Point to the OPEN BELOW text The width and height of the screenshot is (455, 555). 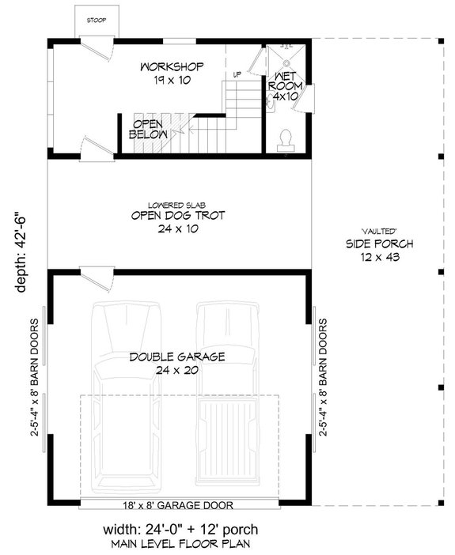coord(150,130)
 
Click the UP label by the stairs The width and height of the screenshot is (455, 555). coord(236,75)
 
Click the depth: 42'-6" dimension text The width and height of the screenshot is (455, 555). coord(21,251)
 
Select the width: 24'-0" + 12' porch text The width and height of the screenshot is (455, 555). coord(179,527)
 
